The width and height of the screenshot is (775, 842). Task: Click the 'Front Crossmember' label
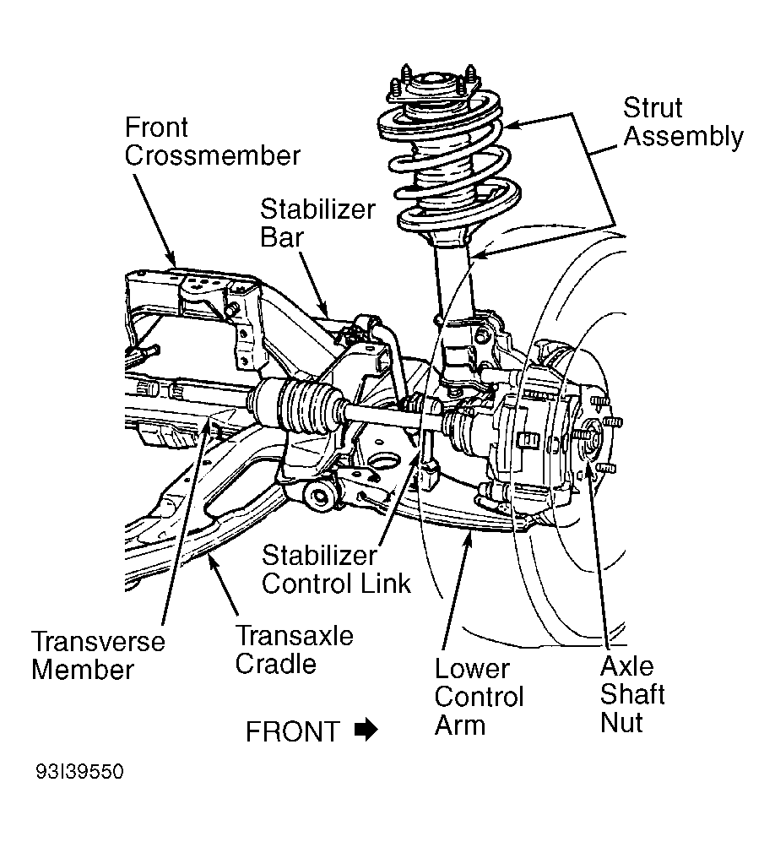[212, 142]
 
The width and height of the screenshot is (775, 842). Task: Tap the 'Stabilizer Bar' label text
[317, 222]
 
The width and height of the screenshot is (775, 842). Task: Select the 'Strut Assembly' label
[682, 122]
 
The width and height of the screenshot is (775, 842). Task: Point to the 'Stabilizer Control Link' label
[336, 568]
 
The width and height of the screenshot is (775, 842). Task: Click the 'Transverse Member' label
[98, 655]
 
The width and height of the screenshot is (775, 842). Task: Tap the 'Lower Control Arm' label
[479, 696]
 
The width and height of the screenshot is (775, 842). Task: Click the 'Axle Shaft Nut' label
[631, 694]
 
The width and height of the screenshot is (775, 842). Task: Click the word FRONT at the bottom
[292, 731]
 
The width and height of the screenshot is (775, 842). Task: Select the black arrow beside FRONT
[366, 730]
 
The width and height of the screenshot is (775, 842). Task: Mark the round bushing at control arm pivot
[320, 496]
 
